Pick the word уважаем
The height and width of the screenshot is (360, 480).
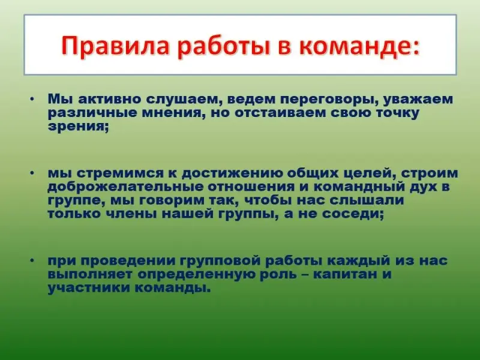point(418,100)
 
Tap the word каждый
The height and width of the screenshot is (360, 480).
point(359,261)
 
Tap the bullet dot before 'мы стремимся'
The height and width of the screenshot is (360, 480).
point(32,173)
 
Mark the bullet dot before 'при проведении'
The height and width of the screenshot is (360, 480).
point(32,260)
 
